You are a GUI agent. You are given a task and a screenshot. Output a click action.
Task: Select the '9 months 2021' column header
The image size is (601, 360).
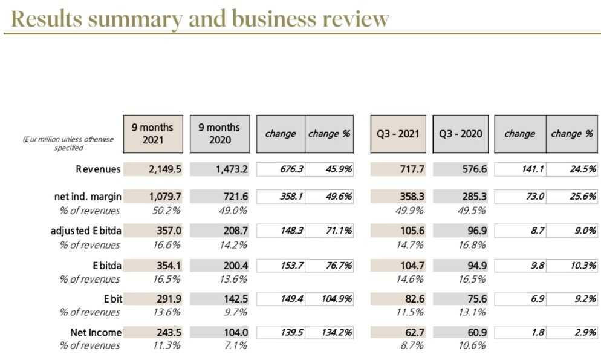tap(153, 134)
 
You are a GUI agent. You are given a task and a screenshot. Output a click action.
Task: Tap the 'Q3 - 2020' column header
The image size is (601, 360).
tap(461, 134)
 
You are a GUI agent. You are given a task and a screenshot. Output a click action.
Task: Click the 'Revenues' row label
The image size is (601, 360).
tap(98, 169)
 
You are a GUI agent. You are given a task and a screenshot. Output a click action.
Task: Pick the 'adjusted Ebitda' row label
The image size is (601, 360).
tap(85, 231)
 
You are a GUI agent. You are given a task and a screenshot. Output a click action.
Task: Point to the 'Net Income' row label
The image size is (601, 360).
tap(96, 332)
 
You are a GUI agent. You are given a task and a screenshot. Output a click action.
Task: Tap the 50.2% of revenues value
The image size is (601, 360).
tap(154, 211)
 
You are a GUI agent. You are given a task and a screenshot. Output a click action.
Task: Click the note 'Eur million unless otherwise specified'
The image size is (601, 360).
tap(68, 143)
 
